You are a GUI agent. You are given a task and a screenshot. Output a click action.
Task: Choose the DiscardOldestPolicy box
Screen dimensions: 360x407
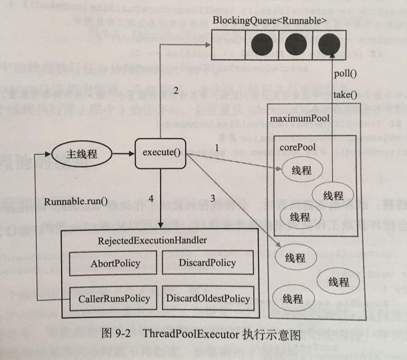208,298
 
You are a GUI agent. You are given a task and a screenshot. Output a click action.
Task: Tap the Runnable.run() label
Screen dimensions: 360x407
76,201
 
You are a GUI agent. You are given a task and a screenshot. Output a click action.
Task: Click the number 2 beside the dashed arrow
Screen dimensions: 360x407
175,90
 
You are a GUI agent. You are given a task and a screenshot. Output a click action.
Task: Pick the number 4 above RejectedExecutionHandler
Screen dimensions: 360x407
151,199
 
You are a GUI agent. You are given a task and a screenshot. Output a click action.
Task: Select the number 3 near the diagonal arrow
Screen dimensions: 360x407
212,199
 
